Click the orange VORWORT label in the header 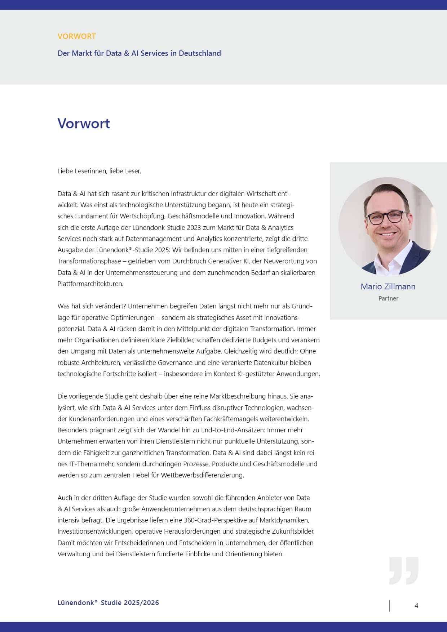coord(76,36)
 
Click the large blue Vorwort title coord(84,124)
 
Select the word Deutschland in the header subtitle coord(200,53)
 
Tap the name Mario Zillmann coord(388,286)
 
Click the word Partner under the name coord(388,298)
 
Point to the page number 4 coord(416,606)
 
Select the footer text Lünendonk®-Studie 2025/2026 coord(108,603)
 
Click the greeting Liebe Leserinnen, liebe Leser coord(99,171)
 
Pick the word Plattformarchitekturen coord(90,284)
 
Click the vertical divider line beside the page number coord(389,606)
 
